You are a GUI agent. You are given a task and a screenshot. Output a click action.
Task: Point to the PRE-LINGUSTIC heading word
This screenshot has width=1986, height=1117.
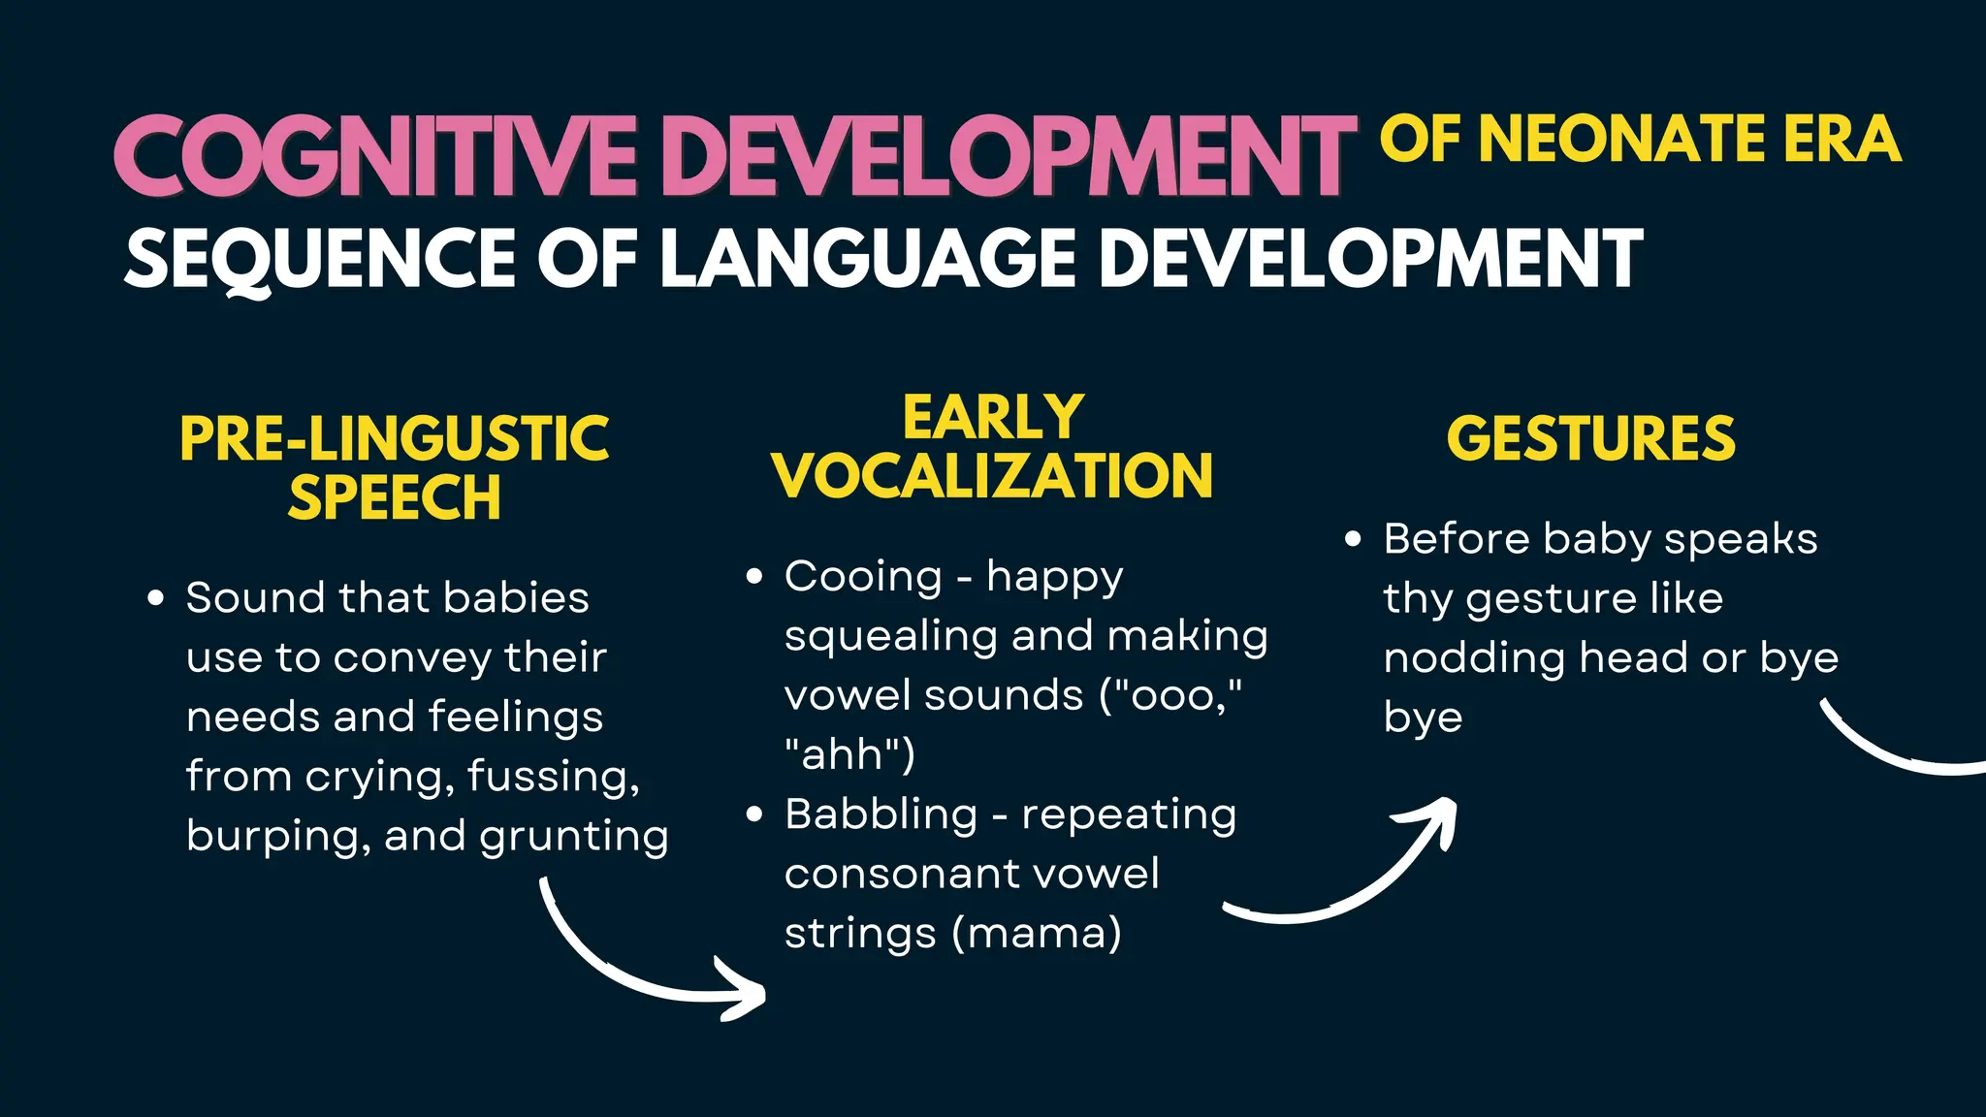394,438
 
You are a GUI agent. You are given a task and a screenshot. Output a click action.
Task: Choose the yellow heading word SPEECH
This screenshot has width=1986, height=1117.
394,497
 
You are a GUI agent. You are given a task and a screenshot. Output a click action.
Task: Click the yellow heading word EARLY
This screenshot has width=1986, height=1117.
993,418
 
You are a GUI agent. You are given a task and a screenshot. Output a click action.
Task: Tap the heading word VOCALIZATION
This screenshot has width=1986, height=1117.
993,476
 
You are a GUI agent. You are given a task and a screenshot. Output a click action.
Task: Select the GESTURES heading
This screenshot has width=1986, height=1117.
1590,438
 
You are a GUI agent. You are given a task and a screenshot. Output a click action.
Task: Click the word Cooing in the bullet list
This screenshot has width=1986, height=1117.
863,577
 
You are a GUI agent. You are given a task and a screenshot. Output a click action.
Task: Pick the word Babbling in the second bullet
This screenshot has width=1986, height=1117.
881,814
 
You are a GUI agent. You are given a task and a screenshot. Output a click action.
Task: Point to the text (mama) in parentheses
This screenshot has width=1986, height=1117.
1036,934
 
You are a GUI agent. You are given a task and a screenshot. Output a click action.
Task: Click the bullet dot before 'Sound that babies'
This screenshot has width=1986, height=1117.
155,598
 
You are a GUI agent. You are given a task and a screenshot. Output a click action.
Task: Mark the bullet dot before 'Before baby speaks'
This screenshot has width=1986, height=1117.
1354,539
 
